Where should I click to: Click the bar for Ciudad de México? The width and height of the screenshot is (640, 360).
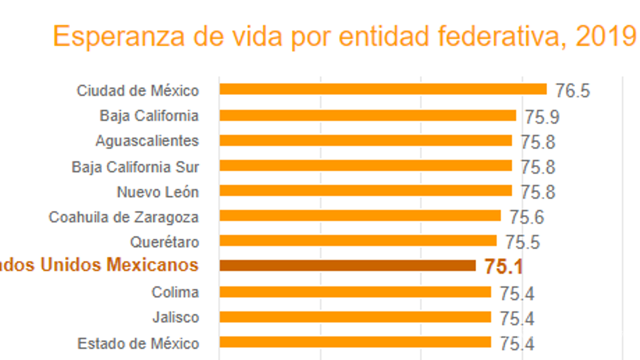(x=383, y=89)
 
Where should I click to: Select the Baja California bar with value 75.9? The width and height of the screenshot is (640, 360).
(x=367, y=115)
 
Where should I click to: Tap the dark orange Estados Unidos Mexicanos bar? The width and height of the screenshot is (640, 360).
(x=347, y=266)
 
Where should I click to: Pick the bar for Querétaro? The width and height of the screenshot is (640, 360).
(x=358, y=241)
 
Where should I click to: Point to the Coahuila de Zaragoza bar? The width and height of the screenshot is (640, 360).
(x=360, y=216)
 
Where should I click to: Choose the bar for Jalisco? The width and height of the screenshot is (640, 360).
(x=355, y=317)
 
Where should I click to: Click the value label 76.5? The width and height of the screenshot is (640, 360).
(x=572, y=91)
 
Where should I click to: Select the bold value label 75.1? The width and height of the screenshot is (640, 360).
(x=503, y=267)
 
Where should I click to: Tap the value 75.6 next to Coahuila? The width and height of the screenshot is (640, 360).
(x=527, y=217)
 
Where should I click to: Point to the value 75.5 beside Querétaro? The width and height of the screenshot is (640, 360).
(x=522, y=242)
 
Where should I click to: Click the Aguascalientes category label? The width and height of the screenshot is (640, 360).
(x=147, y=141)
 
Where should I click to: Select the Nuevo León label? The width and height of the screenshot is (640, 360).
(x=157, y=192)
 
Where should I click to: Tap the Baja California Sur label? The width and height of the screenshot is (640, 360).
(x=135, y=167)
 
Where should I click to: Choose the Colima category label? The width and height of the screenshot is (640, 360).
(x=175, y=292)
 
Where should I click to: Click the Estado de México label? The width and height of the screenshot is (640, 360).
(x=138, y=343)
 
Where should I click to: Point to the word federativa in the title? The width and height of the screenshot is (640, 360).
(x=502, y=37)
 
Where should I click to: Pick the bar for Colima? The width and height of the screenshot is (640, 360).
(x=355, y=292)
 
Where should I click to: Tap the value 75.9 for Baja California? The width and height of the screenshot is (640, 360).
(x=542, y=117)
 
